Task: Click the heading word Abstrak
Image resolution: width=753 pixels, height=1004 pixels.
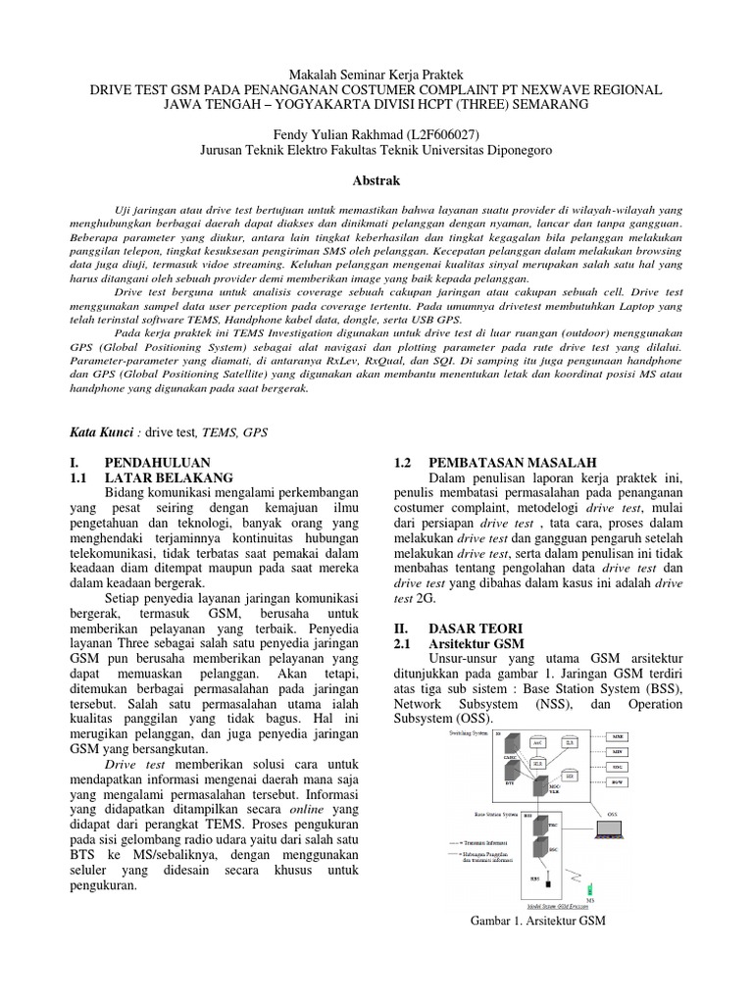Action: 376,182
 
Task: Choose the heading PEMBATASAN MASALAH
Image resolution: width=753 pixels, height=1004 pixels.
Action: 504,462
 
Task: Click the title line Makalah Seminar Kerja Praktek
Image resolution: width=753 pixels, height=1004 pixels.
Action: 376,75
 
